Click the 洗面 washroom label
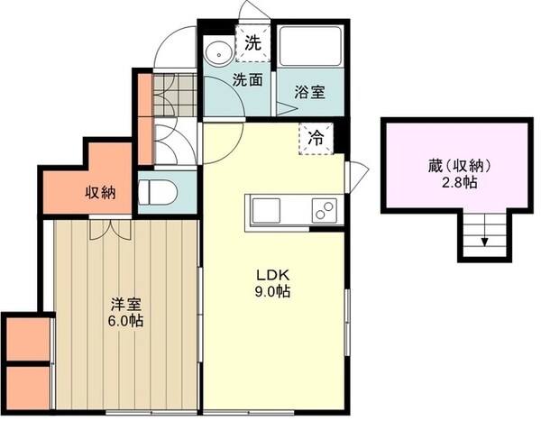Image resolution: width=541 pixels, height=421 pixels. pos(248,79)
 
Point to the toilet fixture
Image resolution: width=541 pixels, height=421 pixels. pos(154,191)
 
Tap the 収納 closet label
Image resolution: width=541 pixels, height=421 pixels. pos(100,192)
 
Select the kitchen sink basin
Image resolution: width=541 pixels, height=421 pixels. pos(268,211)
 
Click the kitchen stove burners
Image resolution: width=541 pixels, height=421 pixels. pos(323,211)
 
